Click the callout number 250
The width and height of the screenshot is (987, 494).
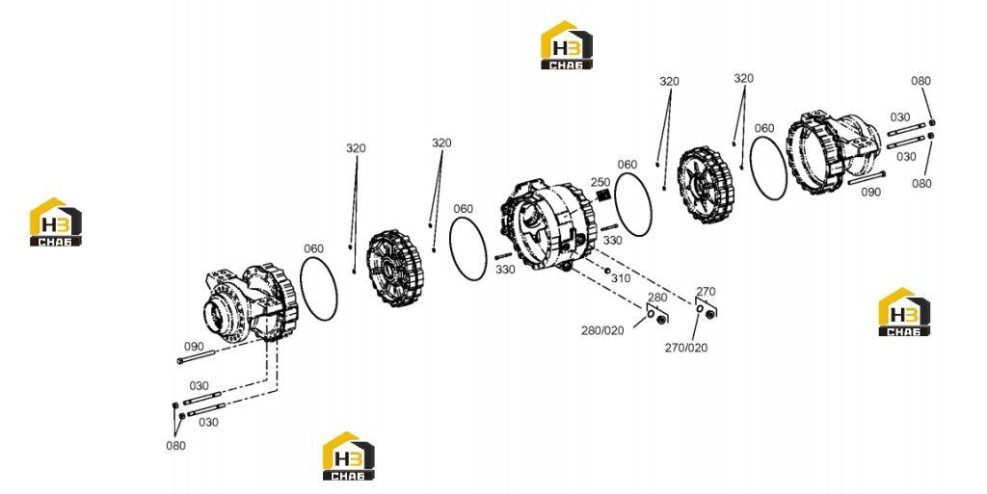click(600, 182)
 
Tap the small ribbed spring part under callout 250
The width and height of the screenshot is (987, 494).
click(603, 195)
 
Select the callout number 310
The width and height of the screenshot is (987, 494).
click(621, 278)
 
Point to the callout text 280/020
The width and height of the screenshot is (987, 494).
click(602, 330)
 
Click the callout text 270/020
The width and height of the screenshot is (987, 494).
click(686, 348)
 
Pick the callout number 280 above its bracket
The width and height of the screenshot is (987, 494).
click(657, 298)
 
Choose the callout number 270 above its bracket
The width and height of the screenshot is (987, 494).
click(706, 292)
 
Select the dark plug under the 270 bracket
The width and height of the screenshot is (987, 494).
click(710, 314)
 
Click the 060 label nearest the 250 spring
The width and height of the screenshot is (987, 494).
click(627, 165)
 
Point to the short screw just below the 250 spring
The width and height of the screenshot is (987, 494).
click(610, 228)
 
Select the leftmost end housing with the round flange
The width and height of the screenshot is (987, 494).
click(251, 305)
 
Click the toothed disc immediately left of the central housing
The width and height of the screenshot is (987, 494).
click(395, 269)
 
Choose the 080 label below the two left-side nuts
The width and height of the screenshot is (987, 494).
click(175, 446)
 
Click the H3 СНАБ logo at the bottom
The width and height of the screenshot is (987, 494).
click(349, 456)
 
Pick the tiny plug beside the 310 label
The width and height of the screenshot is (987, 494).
click(607, 271)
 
